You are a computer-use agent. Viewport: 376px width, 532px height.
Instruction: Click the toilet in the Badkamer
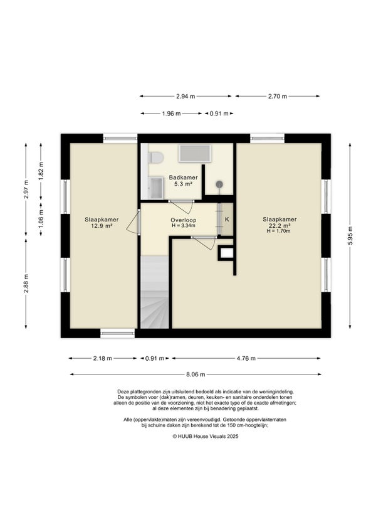tap(156, 157)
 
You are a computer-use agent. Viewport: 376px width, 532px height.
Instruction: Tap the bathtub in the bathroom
tap(195, 154)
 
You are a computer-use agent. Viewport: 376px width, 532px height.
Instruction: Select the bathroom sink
tap(156, 188)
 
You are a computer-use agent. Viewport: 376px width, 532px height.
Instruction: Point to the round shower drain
tap(219, 184)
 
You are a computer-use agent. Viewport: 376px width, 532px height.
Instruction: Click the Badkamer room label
tap(184, 178)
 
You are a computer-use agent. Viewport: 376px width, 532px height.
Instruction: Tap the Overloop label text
tap(184, 220)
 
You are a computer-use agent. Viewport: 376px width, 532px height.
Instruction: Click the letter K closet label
tap(227, 219)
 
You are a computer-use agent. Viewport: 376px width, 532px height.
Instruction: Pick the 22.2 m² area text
tap(279, 225)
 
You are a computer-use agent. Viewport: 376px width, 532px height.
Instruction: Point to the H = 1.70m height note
tap(279, 231)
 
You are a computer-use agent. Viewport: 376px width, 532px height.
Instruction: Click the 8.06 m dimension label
tap(196, 375)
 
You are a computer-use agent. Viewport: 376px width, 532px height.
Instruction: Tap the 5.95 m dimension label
tap(350, 235)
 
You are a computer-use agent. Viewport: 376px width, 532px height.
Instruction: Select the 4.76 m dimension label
tap(246, 358)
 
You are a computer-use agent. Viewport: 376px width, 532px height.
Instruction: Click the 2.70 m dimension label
tap(278, 97)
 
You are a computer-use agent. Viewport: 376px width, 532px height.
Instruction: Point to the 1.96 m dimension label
tap(171, 114)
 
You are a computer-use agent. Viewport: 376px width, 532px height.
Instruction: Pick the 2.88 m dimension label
tap(26, 284)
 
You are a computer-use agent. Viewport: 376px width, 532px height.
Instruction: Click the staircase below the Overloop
tap(155, 292)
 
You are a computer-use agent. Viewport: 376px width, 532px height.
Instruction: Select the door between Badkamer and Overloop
tap(181, 206)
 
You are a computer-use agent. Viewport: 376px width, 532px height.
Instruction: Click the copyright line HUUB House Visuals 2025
tap(206, 437)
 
